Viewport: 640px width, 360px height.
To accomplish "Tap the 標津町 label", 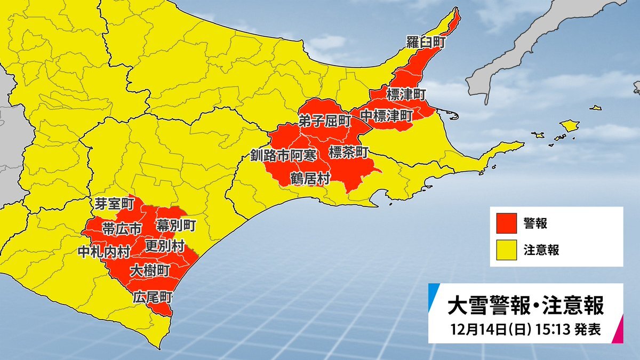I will click(405, 95).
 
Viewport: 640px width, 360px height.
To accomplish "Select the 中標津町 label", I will click(386, 115).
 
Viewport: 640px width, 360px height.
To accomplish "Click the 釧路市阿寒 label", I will click(284, 155).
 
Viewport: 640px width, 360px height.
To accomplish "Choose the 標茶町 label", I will click(348, 153).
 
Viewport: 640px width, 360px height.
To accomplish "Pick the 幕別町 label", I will click(175, 225).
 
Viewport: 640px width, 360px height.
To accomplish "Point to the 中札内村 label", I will click(103, 251).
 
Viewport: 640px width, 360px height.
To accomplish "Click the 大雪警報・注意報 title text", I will click(525, 306).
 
